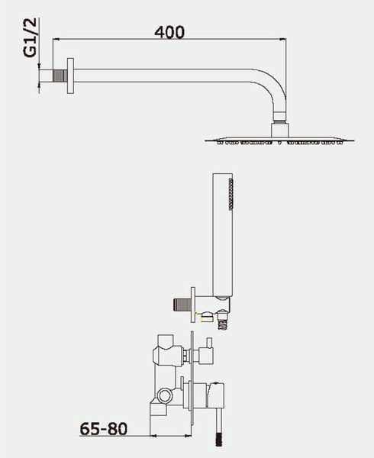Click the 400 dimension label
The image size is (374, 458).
(x=169, y=32)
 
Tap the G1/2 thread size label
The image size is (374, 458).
(x=31, y=37)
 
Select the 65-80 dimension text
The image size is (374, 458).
(x=104, y=429)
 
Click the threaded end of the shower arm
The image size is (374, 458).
(x=60, y=76)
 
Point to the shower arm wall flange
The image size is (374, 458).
(x=70, y=76)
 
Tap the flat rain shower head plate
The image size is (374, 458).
(x=279, y=140)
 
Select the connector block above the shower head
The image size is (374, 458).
(x=280, y=131)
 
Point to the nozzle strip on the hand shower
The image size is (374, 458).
(x=231, y=194)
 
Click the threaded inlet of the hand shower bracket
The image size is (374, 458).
(x=182, y=305)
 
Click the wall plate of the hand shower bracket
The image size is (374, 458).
(x=193, y=305)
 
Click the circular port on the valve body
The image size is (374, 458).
(x=165, y=395)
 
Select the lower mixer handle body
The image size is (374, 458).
(x=215, y=395)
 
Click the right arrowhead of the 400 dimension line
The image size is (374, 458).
(x=283, y=39)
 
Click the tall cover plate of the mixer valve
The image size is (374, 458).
(x=192, y=382)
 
